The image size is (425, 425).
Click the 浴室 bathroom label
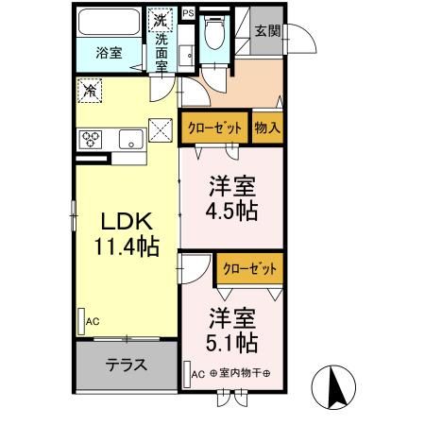pyautogui.click(x=110, y=54)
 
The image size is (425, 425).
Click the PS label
pyautogui.click(x=187, y=13)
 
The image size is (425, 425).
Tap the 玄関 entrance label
pyautogui.click(x=264, y=30)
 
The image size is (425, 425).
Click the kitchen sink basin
pyautogui.click(x=129, y=141)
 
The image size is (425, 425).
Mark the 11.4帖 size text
pyautogui.click(x=127, y=248)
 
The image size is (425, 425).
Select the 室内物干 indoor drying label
pyautogui.click(x=240, y=373)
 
